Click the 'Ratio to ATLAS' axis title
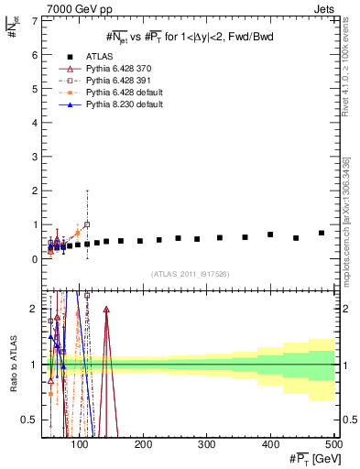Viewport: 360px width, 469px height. tap(10, 362)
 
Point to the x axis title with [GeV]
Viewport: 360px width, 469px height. tap(311, 458)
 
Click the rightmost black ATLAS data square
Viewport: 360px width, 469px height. tap(322, 233)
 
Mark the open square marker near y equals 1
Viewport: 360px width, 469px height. tap(87, 224)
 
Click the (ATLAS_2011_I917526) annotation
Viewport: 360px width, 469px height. tap(191, 274)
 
